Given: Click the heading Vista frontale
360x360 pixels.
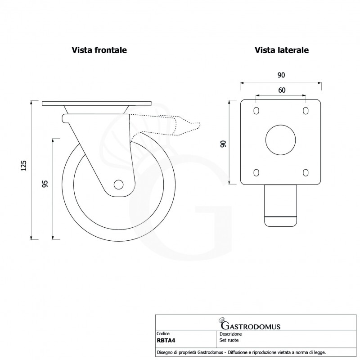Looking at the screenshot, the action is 99,50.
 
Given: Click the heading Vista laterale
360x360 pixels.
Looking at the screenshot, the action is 282,50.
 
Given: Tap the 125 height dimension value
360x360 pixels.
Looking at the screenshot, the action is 24,166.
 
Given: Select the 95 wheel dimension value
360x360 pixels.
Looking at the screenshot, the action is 45,184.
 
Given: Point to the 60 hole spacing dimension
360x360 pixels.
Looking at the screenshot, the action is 282,90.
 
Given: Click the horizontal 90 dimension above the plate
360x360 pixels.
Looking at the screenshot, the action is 281,75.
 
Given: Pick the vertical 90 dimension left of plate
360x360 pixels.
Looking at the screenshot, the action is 223,144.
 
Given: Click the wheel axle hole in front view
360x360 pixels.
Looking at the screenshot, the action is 118,184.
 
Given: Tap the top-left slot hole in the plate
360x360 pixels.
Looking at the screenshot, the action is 256,111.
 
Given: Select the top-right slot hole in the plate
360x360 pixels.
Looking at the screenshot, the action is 306,111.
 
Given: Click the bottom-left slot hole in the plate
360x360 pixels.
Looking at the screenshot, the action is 256,173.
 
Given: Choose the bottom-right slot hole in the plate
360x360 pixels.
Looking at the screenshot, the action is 306,173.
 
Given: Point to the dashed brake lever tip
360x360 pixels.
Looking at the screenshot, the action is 199,126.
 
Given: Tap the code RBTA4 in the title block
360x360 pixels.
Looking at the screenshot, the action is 166,341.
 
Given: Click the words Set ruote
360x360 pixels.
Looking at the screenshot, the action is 229,340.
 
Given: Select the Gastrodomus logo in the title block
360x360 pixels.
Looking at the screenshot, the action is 249,324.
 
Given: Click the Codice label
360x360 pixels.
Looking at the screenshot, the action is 163,333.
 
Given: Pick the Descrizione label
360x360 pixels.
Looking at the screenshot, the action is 230,334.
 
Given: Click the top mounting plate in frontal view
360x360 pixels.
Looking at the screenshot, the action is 97,103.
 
